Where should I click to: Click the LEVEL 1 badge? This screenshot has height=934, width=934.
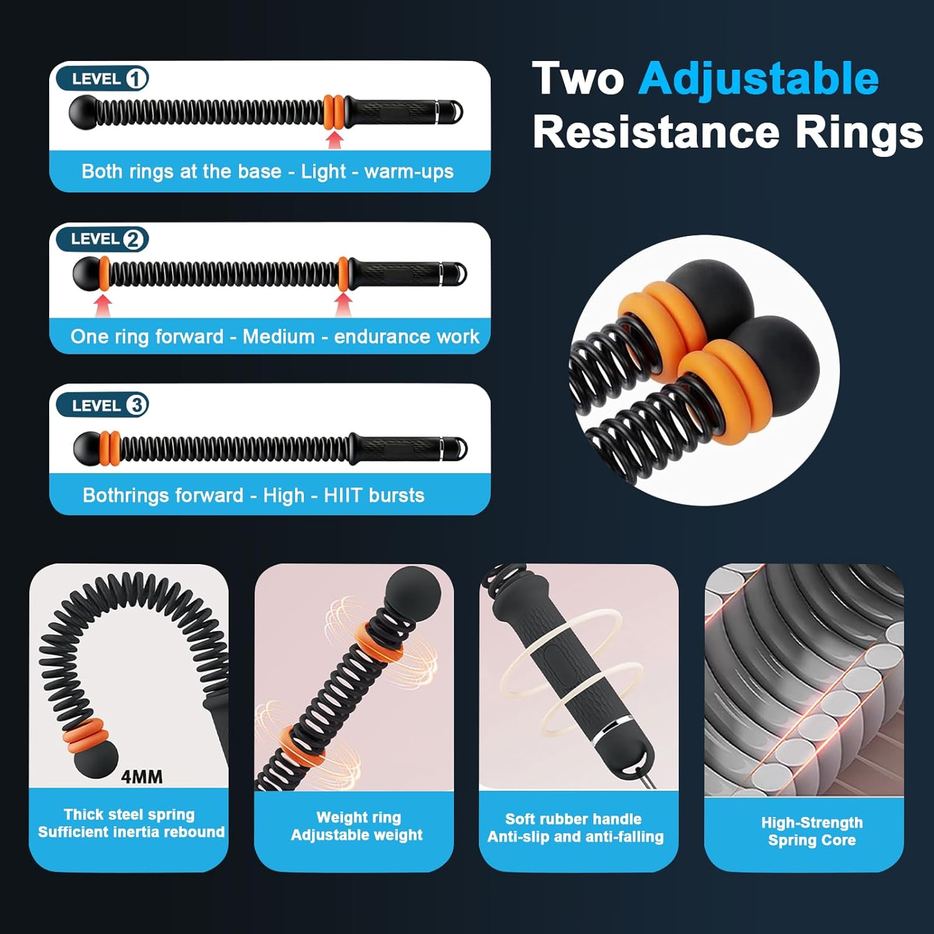click(x=102, y=78)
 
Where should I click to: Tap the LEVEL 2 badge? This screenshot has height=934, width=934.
click(x=102, y=239)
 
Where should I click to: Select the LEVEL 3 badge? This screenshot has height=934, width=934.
click(x=102, y=405)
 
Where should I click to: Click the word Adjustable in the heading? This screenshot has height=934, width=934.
click(x=758, y=80)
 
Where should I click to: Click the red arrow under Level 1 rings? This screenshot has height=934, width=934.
click(x=335, y=139)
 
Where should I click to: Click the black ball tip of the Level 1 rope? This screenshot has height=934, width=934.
click(x=83, y=113)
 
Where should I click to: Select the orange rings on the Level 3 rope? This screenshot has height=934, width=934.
click(x=110, y=447)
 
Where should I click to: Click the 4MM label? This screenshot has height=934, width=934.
click(x=142, y=776)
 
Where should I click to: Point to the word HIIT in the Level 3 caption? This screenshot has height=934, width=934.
click(x=342, y=496)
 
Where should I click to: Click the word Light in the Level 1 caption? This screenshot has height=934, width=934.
click(x=323, y=171)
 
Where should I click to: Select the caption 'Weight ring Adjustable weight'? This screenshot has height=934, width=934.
click(x=357, y=826)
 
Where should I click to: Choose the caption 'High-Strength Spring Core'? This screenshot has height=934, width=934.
click(x=812, y=831)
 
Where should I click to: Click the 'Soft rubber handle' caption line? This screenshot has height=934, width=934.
click(x=573, y=819)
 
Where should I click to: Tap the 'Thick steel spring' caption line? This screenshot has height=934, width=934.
click(x=130, y=814)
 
